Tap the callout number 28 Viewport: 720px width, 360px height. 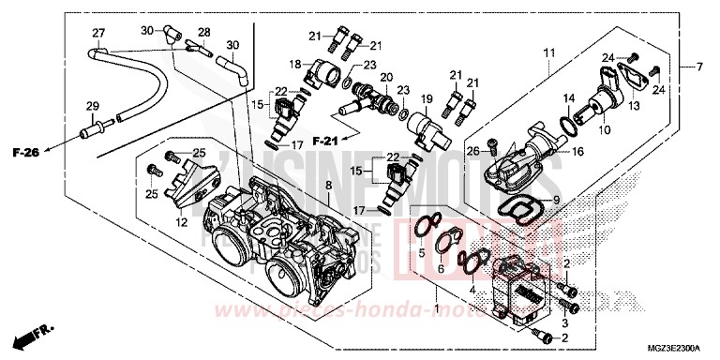(204, 32)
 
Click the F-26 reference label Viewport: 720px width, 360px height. (26, 152)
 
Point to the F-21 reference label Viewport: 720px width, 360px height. (324, 141)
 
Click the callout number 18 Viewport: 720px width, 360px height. (295, 64)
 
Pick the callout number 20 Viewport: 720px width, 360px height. (386, 77)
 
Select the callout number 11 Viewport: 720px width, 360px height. (549, 51)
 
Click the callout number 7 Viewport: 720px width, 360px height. (697, 67)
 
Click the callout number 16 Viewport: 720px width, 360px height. (577, 150)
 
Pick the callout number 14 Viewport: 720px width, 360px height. (569, 98)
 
